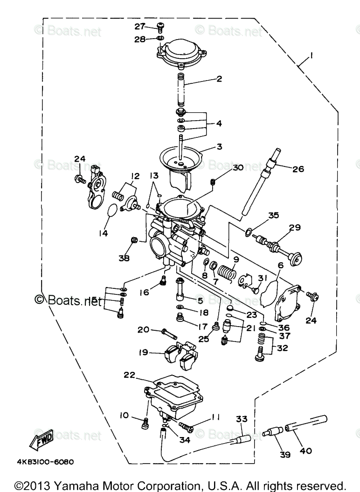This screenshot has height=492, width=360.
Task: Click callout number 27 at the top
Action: click(x=140, y=26)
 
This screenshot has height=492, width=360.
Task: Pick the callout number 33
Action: click(x=241, y=419)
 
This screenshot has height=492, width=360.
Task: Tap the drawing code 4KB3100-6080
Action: click(x=45, y=462)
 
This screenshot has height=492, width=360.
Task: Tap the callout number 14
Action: click(x=103, y=232)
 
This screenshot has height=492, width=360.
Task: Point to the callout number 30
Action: click(x=237, y=168)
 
